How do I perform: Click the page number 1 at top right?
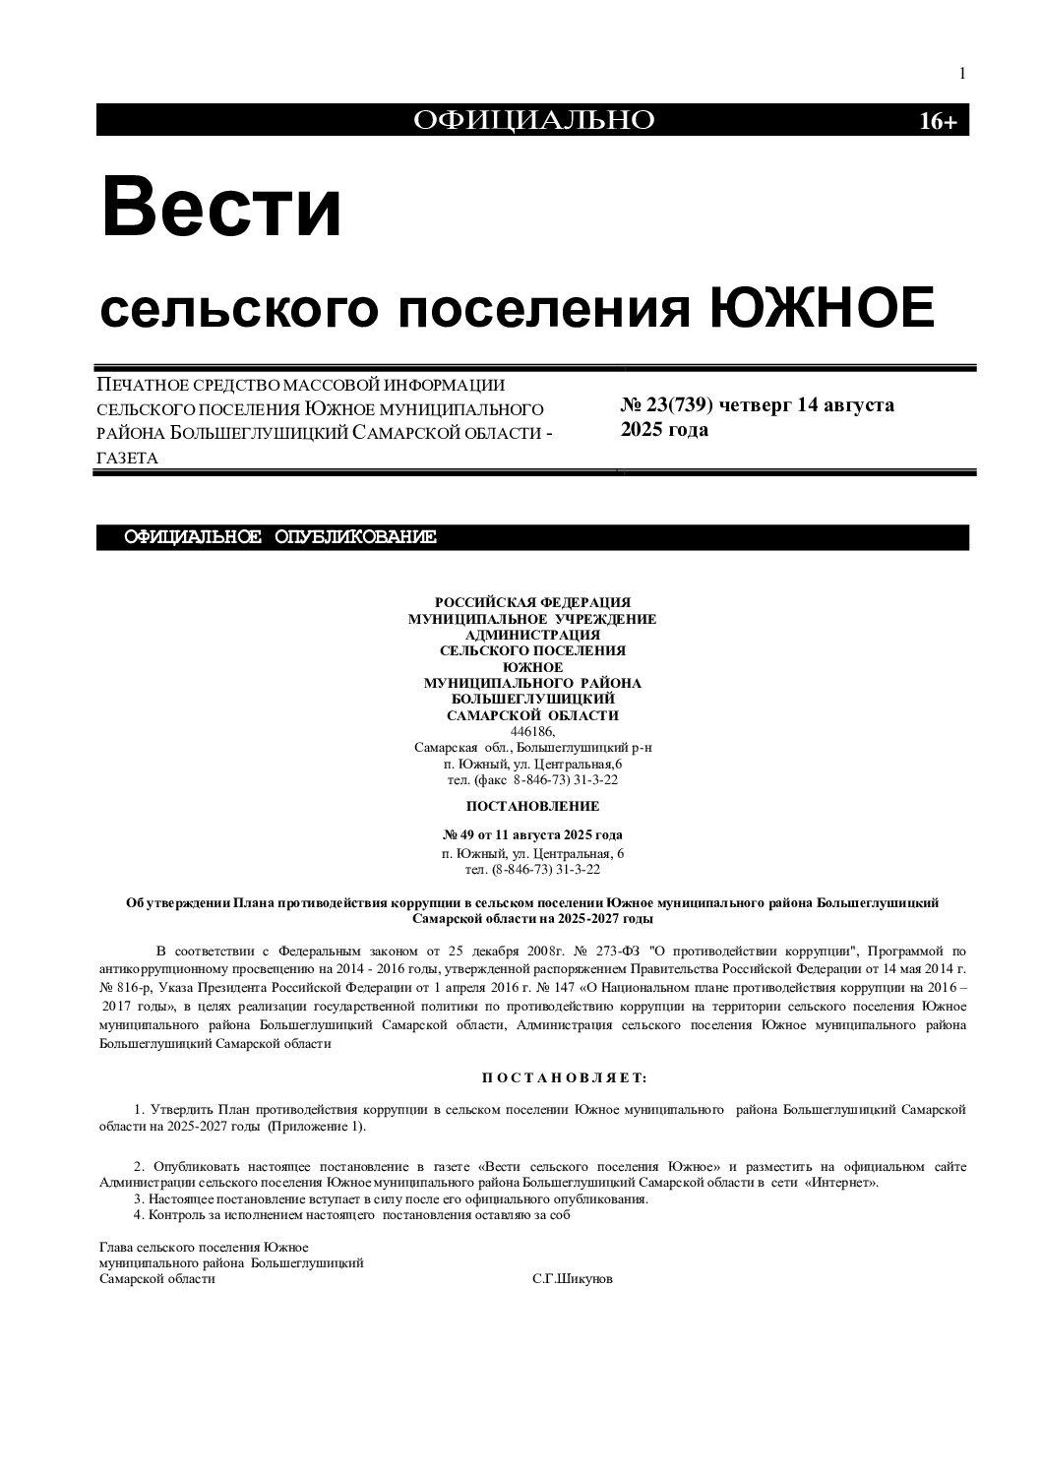click(x=961, y=74)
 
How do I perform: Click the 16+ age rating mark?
click(x=937, y=121)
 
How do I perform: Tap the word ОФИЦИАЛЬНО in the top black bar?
click(x=533, y=120)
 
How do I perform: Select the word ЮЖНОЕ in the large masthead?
click(x=822, y=308)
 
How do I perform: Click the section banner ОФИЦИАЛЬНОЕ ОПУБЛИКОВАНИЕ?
click(x=279, y=537)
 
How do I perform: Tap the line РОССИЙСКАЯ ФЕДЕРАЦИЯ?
click(x=532, y=602)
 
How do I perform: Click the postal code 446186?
click(x=532, y=732)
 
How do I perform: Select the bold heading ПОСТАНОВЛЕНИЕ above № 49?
click(x=532, y=806)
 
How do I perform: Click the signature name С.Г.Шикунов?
click(x=572, y=1279)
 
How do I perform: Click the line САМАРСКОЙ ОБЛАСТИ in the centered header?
click(x=532, y=716)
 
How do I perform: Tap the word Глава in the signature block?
click(x=116, y=1248)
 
